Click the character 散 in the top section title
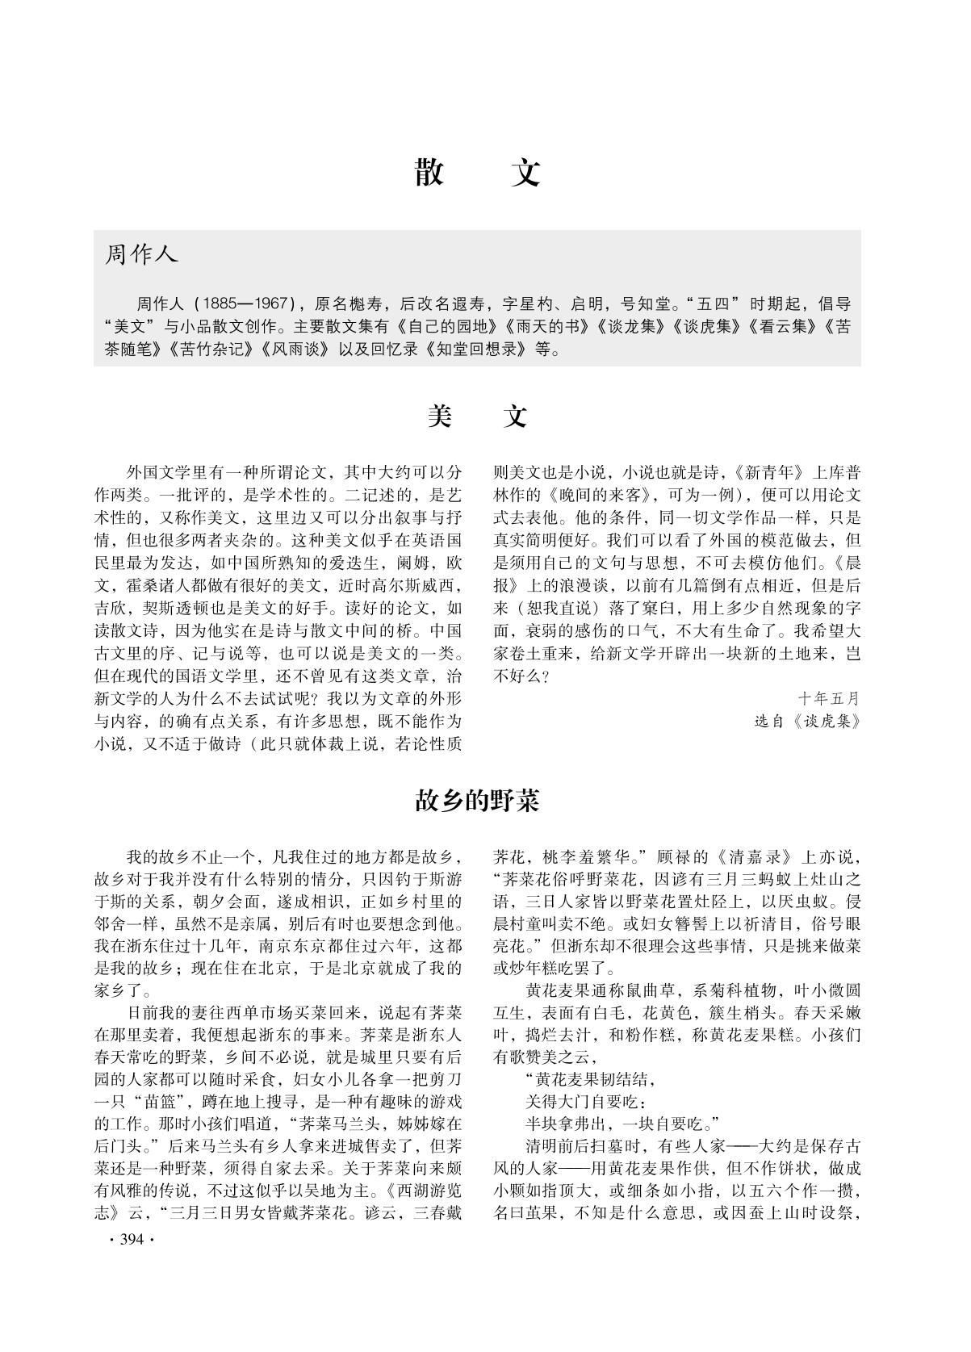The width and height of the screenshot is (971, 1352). tap(429, 172)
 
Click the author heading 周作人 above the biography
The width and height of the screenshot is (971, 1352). tap(141, 255)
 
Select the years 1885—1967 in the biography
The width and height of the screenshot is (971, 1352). tap(245, 304)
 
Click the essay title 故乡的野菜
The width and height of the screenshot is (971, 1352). tap(476, 801)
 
